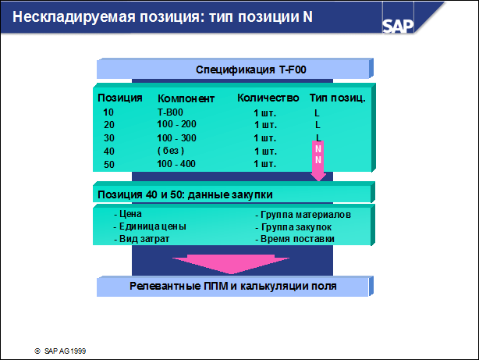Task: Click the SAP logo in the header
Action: coord(398,26)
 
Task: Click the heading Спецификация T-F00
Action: coord(250,70)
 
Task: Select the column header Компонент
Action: coord(186,98)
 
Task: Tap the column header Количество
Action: coord(268,98)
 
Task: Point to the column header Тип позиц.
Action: coord(337,98)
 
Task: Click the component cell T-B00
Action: coord(170,112)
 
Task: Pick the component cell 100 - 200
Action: coord(176,124)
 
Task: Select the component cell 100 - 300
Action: coord(176,138)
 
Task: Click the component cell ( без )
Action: coord(171,151)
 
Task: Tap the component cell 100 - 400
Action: coord(176,164)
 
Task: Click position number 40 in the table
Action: coord(109,151)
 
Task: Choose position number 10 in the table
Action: coord(108,112)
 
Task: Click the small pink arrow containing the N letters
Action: coord(318,161)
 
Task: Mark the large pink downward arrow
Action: coord(231,264)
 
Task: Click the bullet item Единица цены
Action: coord(150,226)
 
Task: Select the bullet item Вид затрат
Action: coord(141,239)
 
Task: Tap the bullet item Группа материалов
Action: coord(303,215)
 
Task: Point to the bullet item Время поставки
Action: coord(295,239)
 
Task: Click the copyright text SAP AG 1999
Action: coord(60,351)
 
